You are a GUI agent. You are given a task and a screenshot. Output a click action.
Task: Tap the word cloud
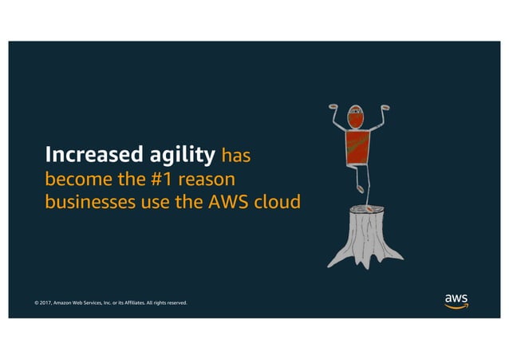pyautogui.click(x=277, y=202)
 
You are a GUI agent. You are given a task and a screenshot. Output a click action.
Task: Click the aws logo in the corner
pyautogui.click(x=456, y=300)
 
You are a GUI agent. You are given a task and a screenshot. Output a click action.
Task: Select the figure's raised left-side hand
pyautogui.click(x=335, y=106)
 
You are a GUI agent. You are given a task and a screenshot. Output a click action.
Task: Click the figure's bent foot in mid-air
pyautogui.click(x=361, y=189)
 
